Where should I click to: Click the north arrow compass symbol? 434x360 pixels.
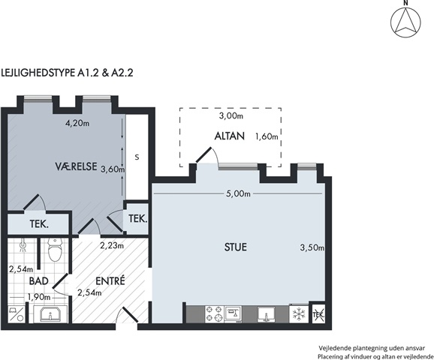click(x=405, y=22)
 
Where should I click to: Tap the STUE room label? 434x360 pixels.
click(x=236, y=247)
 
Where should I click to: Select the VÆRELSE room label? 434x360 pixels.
click(x=76, y=166)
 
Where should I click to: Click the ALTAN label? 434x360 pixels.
click(x=230, y=136)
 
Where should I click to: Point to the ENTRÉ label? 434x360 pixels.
click(x=110, y=280)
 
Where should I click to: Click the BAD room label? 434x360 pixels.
click(x=39, y=281)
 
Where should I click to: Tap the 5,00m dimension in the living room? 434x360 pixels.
click(x=238, y=193)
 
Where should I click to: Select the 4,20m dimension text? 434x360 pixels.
click(x=77, y=123)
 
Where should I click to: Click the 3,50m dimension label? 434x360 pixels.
click(x=312, y=247)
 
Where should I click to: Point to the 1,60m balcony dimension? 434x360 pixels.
click(x=267, y=136)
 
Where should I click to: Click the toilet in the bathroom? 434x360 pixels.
click(x=55, y=250)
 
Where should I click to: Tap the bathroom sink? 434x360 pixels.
click(x=50, y=313)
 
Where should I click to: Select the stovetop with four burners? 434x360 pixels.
click(x=214, y=314)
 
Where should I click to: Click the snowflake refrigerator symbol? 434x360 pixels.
click(x=299, y=313)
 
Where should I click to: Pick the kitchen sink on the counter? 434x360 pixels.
click(x=266, y=314)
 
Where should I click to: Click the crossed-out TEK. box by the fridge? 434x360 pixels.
click(x=318, y=313)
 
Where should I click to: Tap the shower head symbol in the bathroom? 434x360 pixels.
click(x=23, y=246)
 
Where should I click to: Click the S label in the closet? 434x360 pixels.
click(x=137, y=157)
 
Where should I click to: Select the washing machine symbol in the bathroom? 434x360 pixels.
click(x=17, y=314)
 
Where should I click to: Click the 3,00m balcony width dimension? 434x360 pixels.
click(x=231, y=115)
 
